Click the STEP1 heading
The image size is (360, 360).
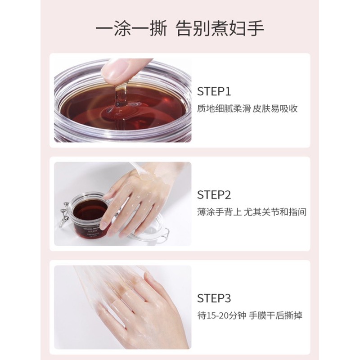tap(214, 92)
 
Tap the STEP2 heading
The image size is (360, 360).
tap(214, 195)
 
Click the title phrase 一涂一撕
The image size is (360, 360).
tap(126, 28)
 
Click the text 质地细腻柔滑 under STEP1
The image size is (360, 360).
tap(222, 109)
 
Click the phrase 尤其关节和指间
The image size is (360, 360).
tap(275, 212)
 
